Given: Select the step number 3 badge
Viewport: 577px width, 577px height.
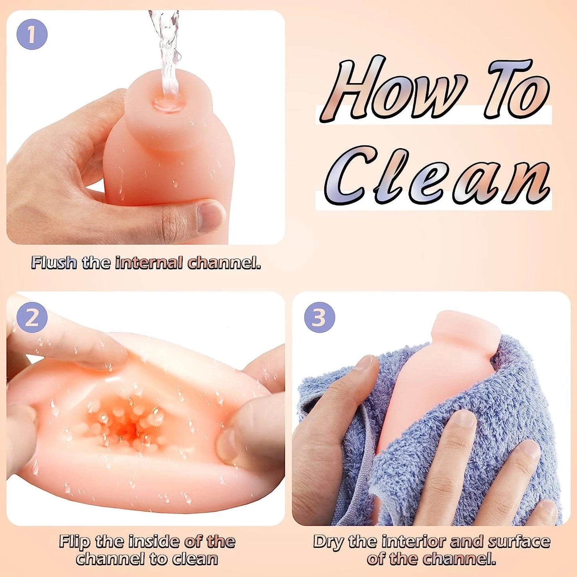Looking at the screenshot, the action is [319, 319].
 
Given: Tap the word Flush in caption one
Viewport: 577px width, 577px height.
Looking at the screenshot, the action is [54, 263].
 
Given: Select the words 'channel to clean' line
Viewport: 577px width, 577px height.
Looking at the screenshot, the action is [147, 550].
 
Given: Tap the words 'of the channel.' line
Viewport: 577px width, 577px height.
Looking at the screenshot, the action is [431, 550].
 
